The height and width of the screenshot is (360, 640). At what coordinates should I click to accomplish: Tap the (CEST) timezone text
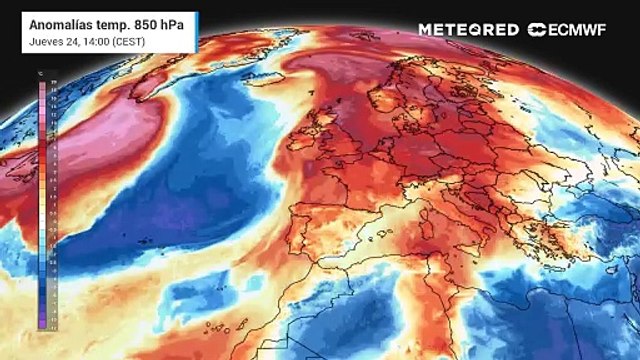point(134,42)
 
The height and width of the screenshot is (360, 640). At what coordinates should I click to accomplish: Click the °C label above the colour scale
point(40,74)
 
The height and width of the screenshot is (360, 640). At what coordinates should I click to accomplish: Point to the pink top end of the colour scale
point(41,86)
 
